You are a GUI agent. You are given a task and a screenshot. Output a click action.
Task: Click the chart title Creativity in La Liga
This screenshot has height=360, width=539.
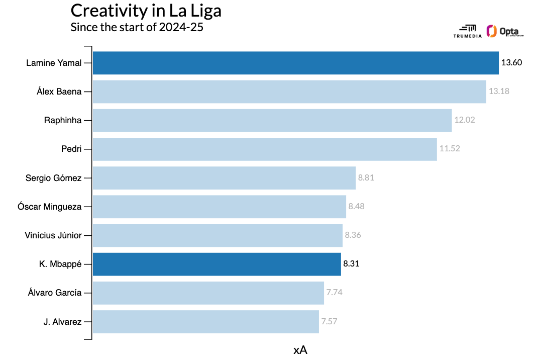[146, 11]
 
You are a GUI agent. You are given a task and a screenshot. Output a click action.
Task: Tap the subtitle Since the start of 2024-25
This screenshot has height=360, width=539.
[137, 27]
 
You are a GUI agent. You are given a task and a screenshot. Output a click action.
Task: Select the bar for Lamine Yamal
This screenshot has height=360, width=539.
[295, 63]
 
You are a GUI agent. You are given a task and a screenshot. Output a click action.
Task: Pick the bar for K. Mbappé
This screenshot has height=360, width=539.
[217, 264]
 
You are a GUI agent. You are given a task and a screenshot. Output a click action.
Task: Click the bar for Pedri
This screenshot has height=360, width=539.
[265, 149]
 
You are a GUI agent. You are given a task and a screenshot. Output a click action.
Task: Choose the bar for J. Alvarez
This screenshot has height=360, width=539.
[205, 321]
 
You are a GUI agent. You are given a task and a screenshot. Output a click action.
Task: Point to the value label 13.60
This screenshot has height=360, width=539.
[512, 63]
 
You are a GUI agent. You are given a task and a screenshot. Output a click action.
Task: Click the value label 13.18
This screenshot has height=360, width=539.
[499, 92]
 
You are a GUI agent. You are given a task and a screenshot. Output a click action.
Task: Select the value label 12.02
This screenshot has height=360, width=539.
[464, 120]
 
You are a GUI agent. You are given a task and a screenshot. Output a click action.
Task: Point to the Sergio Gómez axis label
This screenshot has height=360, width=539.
[53, 177]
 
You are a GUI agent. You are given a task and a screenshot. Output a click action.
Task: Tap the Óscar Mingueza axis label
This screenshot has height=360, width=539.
[49, 207]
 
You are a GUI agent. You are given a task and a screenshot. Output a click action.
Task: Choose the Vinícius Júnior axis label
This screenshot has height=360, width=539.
[53, 235]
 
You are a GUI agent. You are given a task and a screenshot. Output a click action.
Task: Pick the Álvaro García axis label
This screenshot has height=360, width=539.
[55, 293]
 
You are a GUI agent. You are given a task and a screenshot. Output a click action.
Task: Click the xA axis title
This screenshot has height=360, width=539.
[300, 350]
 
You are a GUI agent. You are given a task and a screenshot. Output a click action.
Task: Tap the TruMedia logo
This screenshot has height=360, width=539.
[467, 31]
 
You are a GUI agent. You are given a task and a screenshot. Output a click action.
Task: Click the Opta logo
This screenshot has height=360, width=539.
[505, 31]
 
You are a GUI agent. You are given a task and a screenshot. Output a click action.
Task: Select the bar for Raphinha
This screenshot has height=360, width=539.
[272, 120]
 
